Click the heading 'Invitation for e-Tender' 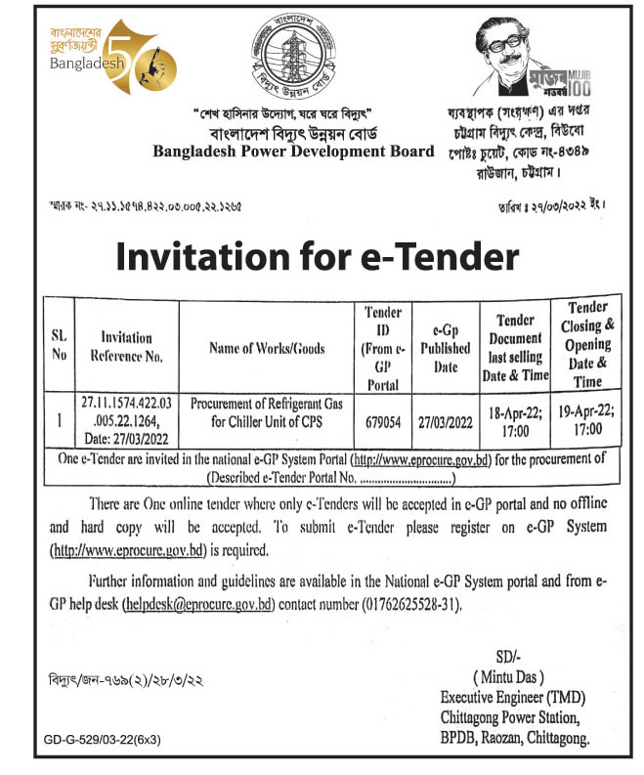[x=318, y=256]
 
